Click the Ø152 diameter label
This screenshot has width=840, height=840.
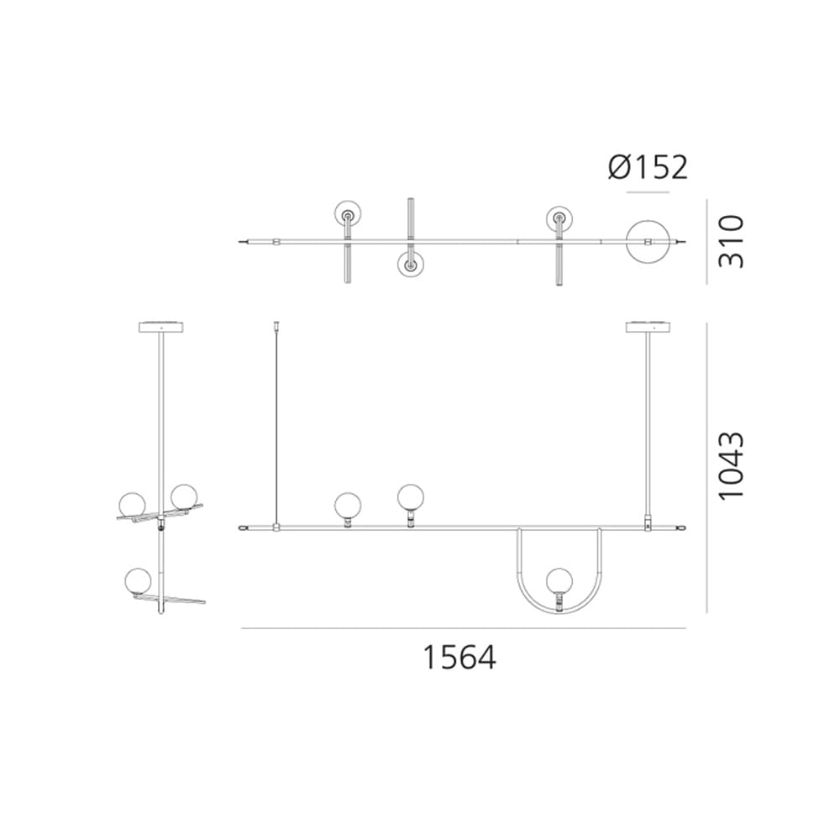tap(647, 167)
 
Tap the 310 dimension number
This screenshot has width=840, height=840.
tap(732, 241)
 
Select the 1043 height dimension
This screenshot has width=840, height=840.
tap(732, 466)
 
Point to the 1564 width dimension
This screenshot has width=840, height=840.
tap(459, 657)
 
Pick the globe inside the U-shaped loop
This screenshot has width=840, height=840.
tap(559, 581)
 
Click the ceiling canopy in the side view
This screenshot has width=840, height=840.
tap(161, 326)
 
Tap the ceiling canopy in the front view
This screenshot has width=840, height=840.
tap(648, 326)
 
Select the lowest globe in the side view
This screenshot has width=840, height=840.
tap(138, 581)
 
